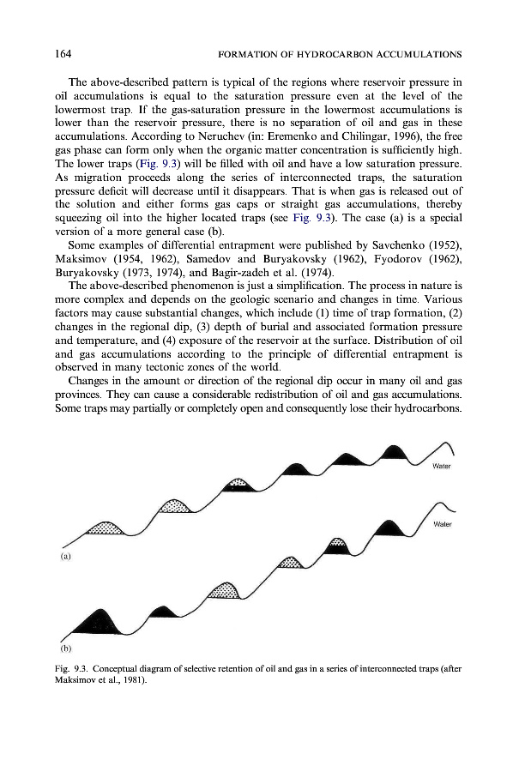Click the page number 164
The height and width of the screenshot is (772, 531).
62,54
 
